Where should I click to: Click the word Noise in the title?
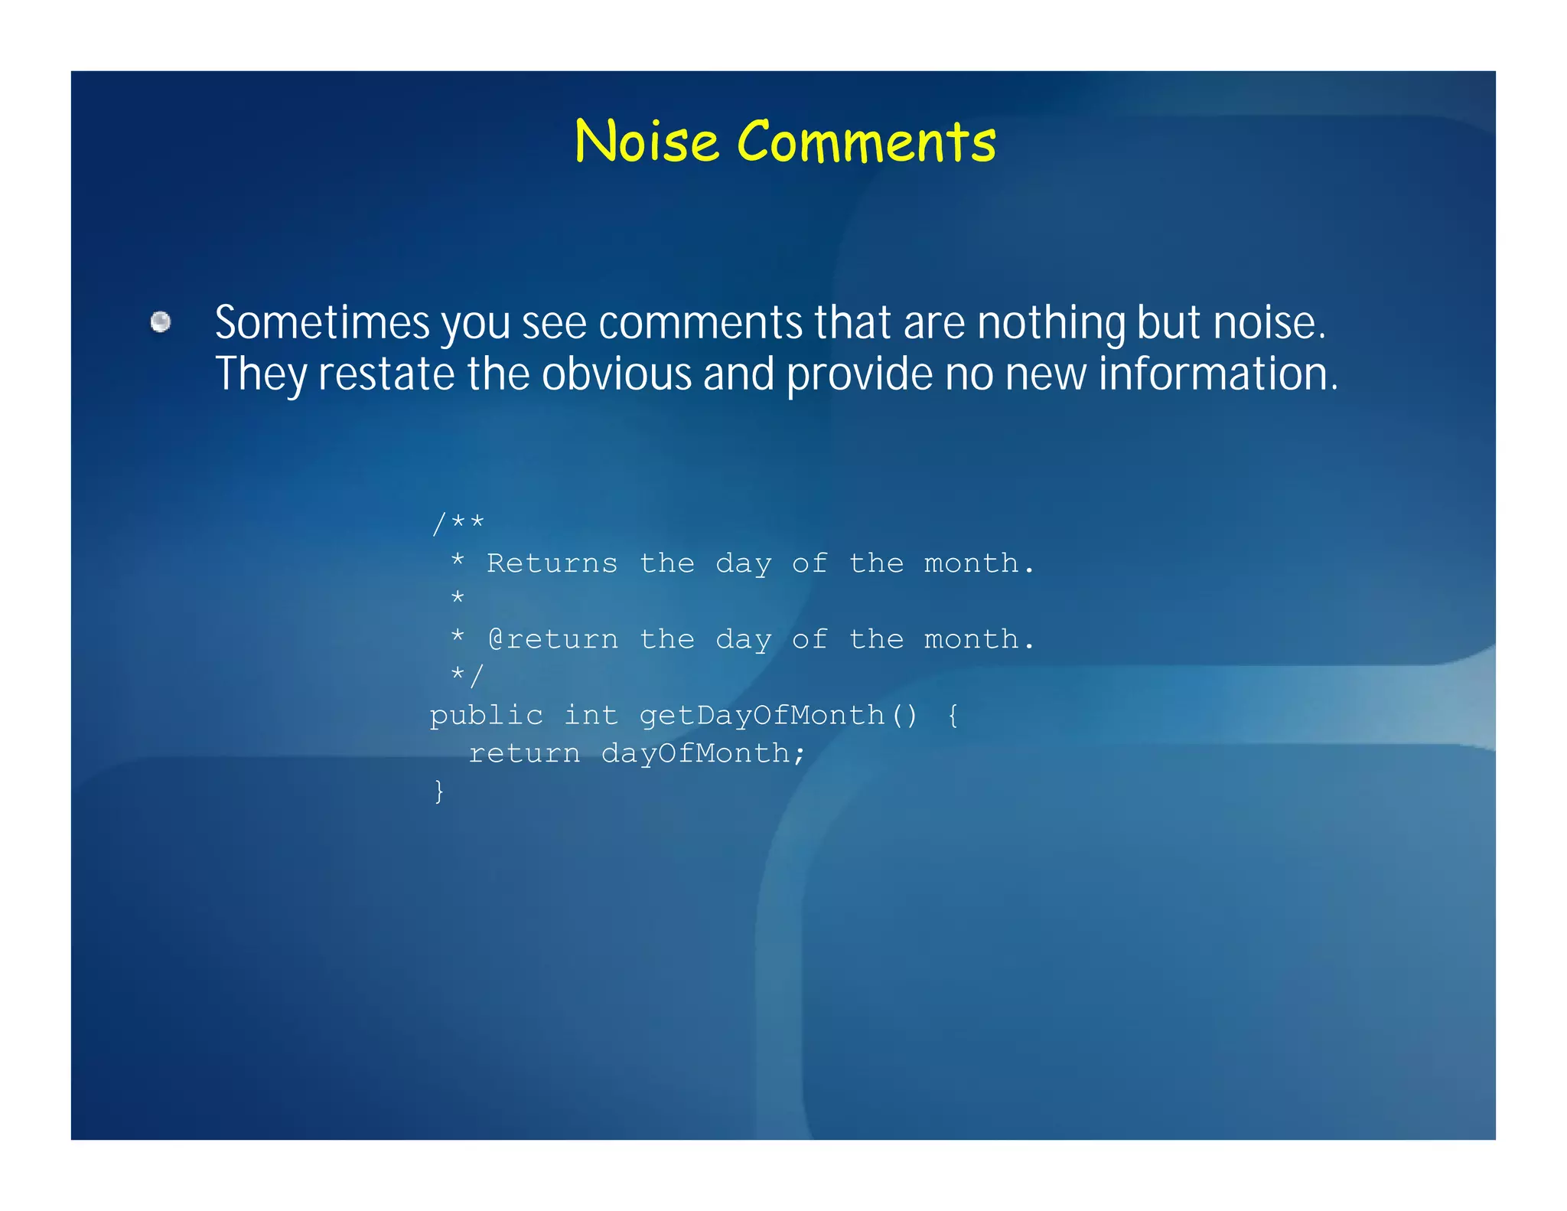pos(647,142)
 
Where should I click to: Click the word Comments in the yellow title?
pos(866,142)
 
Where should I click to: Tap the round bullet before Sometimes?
pos(161,322)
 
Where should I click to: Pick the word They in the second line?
pos(260,374)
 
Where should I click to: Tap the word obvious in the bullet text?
pos(617,374)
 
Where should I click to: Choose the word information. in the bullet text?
pos(1218,374)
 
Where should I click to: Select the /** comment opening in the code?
pos(458,524)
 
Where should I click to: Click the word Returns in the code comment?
pos(552,563)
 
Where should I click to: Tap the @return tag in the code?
pos(553,639)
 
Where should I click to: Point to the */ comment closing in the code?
pos(467,676)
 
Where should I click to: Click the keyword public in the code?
pos(487,716)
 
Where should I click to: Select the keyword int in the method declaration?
pos(591,716)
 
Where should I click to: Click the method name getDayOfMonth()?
pos(778,716)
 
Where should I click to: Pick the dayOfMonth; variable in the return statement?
pos(703,754)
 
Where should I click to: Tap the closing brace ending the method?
pos(439,791)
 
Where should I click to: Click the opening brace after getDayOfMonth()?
pos(953,716)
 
